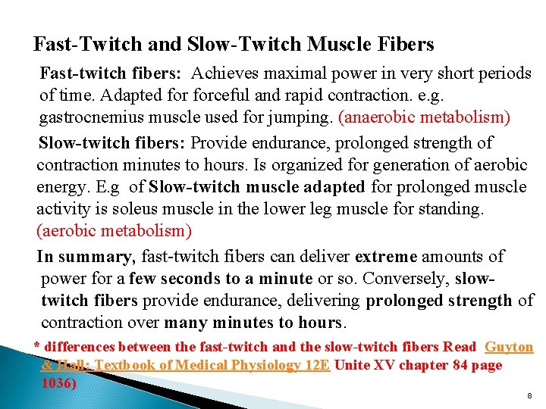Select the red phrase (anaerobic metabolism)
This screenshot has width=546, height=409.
424,117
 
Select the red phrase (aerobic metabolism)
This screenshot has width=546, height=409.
114,229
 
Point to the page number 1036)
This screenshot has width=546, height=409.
58,382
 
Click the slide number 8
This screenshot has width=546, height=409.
529,396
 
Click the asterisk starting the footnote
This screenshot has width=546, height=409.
37,348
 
